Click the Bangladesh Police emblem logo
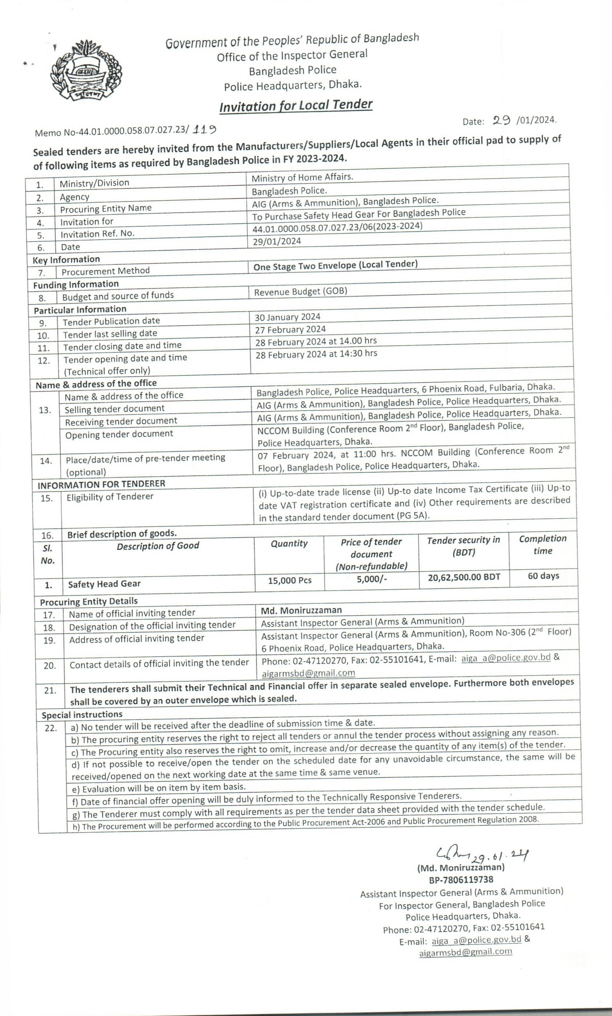(86, 70)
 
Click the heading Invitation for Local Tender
(296, 106)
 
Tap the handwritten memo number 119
(205, 129)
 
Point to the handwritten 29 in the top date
(501, 120)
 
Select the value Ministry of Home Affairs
(302, 177)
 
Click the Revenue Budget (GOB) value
(300, 291)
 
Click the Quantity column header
(289, 543)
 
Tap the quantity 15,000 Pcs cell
(290, 580)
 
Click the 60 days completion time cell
(543, 576)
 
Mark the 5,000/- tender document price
(372, 579)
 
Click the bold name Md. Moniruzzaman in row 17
(301, 610)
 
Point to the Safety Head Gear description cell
(104, 584)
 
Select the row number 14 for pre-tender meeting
(46, 461)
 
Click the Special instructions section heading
(82, 714)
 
